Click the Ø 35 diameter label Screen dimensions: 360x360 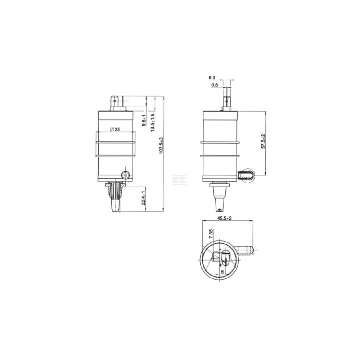coord(115,130)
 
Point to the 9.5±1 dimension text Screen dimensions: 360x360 coord(144,120)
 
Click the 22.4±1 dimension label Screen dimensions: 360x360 coord(144,198)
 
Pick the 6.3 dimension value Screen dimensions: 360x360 coord(212,78)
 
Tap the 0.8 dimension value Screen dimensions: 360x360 coord(215,85)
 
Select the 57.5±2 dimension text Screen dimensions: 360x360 coord(263,141)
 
